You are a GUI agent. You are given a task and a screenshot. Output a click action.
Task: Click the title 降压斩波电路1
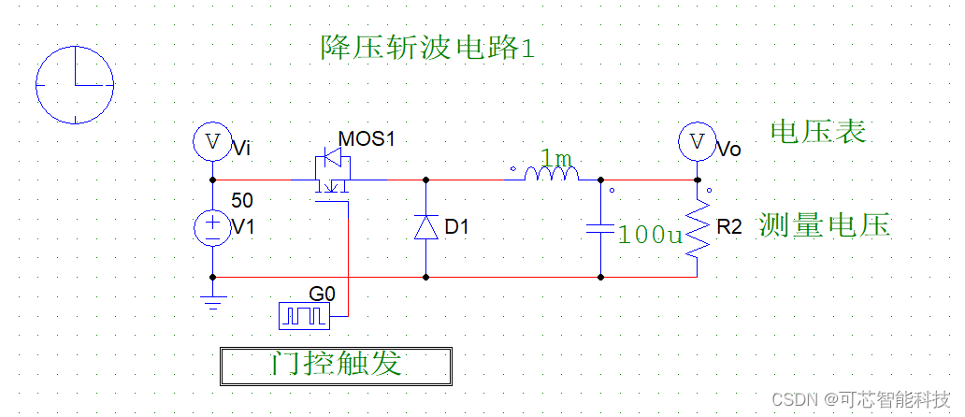[428, 47]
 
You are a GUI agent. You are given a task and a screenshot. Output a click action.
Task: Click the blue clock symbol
[75, 84]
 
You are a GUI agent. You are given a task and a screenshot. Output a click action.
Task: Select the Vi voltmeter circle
[212, 142]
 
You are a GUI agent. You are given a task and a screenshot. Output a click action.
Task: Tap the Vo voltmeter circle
[697, 142]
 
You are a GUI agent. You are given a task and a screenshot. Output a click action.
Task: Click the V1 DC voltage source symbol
[212, 227]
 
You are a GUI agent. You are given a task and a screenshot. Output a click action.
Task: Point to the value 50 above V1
[242, 200]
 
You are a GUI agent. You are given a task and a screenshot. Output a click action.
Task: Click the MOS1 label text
[367, 139]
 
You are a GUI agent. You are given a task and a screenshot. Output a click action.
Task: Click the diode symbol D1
[426, 227]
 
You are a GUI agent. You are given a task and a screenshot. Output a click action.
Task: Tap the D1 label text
[457, 227]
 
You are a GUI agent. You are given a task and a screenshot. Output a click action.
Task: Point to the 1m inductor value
[556, 156]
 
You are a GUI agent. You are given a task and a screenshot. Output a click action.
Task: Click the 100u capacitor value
[651, 235]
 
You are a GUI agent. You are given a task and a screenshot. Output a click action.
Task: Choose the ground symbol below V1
[214, 301]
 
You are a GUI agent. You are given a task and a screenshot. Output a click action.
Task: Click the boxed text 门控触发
[336, 365]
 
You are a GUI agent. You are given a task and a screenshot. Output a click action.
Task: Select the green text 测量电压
[824, 225]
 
